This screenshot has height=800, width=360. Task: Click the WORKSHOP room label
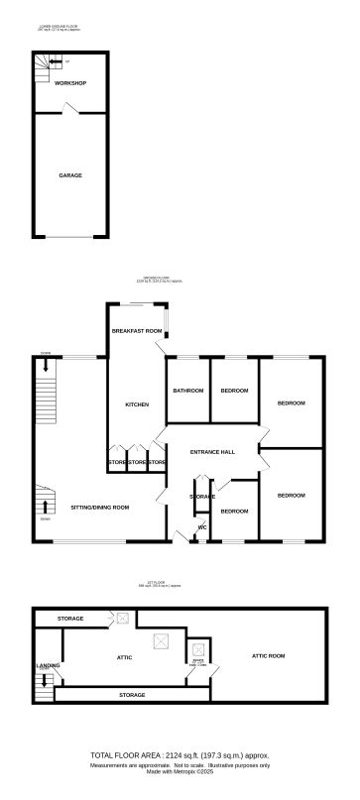pyautogui.click(x=69, y=83)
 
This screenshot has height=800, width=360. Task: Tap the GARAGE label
pyautogui.click(x=69, y=175)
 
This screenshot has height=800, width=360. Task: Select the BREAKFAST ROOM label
pyautogui.click(x=136, y=330)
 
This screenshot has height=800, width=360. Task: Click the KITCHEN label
pyautogui.click(x=136, y=403)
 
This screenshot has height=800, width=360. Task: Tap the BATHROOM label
pyautogui.click(x=187, y=391)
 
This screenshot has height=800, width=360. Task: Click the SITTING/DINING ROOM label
pyautogui.click(x=100, y=507)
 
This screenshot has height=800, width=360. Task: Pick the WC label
pyautogui.click(x=202, y=527)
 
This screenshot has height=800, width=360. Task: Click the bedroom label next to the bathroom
pyautogui.click(x=234, y=391)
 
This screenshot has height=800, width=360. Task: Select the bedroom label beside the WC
pyautogui.click(x=234, y=511)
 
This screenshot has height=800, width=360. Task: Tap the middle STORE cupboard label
pyautogui.click(x=137, y=463)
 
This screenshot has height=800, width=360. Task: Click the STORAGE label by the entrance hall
pyautogui.click(x=202, y=496)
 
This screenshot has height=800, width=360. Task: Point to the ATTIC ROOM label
pyautogui.click(x=268, y=656)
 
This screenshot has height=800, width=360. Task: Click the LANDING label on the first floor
pyautogui.click(x=47, y=665)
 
